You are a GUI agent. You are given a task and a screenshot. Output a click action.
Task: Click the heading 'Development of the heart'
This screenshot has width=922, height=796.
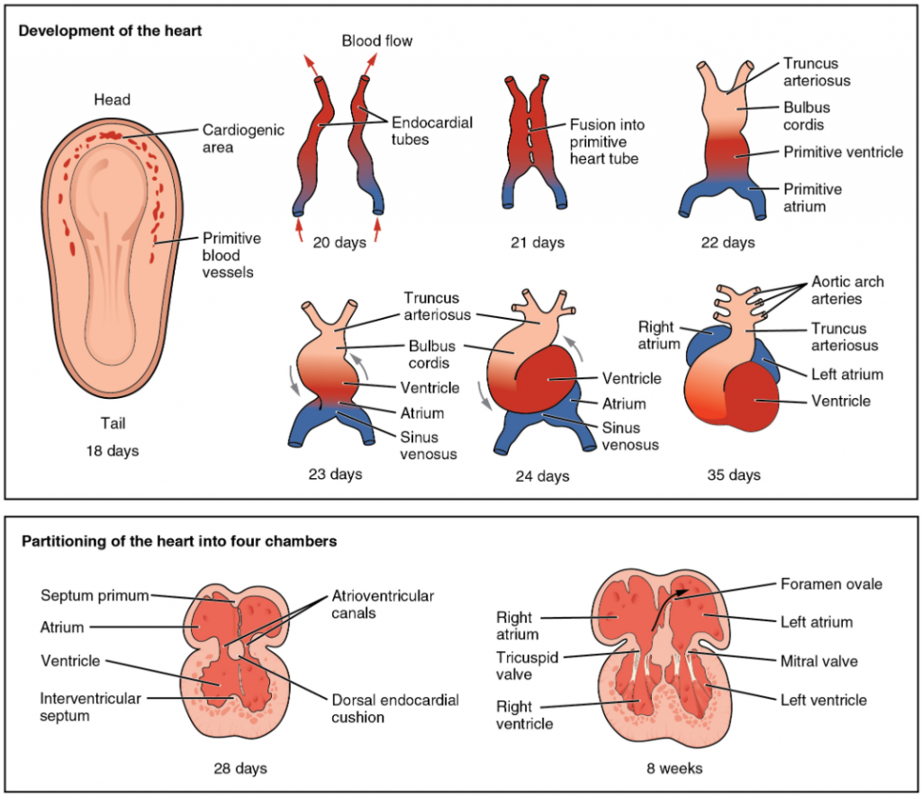pos(111,31)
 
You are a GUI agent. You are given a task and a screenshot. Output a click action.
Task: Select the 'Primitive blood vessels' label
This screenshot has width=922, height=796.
pos(231,255)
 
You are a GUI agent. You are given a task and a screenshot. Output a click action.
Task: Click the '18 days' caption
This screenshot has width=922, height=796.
pos(112,450)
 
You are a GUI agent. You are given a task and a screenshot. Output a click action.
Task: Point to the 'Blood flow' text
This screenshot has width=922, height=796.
pos(377,41)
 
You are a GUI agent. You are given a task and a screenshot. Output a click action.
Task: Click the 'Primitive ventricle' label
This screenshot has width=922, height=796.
pos(842,152)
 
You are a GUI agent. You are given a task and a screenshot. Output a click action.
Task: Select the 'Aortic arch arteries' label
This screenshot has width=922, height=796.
pos(847,290)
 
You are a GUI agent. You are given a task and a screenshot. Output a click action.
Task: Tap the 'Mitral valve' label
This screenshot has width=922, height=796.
pos(818,661)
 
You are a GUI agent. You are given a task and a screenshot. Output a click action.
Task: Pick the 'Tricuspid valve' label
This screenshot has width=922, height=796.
pos(527,665)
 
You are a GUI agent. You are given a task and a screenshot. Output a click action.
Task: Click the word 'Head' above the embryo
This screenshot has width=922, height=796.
pos(112,100)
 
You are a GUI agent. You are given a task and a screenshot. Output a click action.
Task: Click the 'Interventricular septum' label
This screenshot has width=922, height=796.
pos(84,707)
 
